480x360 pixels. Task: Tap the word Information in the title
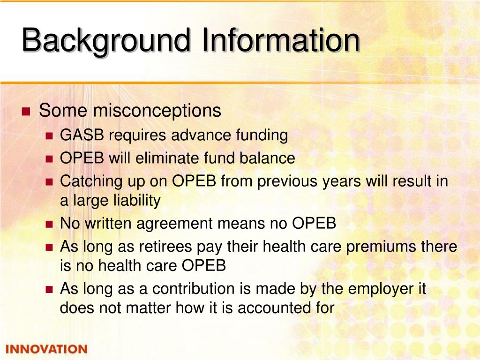click(x=281, y=40)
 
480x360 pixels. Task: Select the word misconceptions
click(x=157, y=111)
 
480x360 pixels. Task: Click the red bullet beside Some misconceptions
click(x=26, y=112)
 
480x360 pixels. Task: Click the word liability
click(x=137, y=201)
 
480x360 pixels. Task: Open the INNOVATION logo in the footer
click(x=46, y=349)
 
